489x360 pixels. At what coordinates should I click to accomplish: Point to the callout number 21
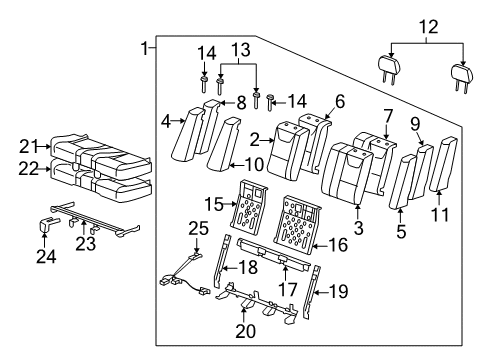tap(29, 147)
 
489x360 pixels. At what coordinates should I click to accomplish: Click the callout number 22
tap(29, 171)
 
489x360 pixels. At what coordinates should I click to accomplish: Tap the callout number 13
tap(239, 50)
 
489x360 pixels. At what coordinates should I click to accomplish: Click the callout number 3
tap(357, 230)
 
